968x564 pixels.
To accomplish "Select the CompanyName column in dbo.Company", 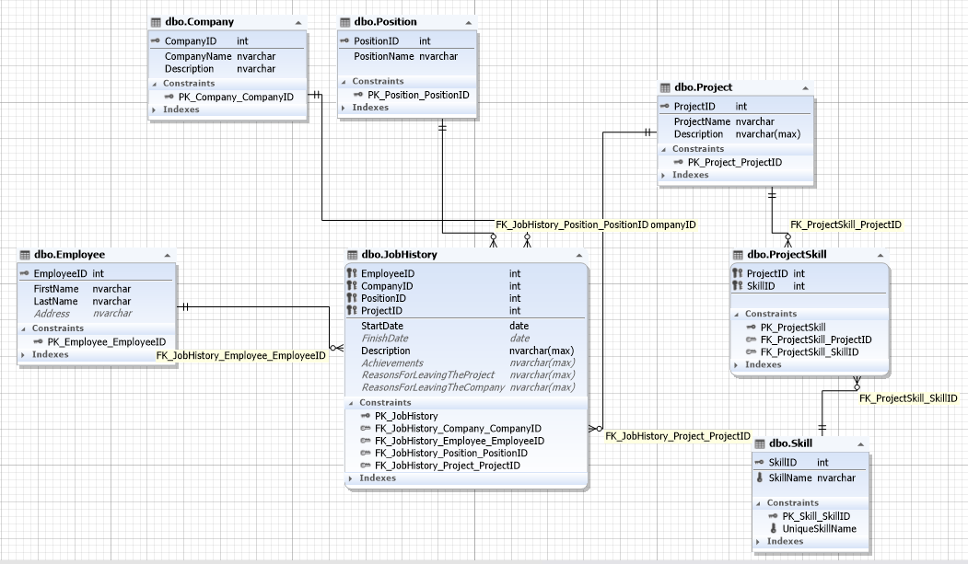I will click(x=197, y=56).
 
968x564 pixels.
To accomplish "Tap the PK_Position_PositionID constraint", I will click(x=418, y=95).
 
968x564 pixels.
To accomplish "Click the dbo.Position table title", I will click(x=385, y=21).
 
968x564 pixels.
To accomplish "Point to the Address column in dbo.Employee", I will click(x=52, y=314).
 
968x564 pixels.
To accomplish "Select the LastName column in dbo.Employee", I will click(x=55, y=301).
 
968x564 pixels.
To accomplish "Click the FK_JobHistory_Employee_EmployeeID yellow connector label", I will click(x=240, y=355).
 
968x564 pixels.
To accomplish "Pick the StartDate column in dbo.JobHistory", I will click(x=381, y=326).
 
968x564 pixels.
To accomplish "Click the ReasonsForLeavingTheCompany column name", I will click(x=433, y=387).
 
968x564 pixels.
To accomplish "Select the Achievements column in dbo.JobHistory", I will click(x=391, y=363).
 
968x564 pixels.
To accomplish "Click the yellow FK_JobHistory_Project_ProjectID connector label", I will click(x=677, y=436).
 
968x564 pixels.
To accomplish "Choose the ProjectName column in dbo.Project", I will click(x=702, y=121).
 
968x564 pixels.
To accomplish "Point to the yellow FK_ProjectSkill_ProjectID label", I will click(x=845, y=224).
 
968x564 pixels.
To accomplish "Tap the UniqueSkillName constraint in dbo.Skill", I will click(x=819, y=529).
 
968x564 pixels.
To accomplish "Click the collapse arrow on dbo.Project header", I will click(x=804, y=87).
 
